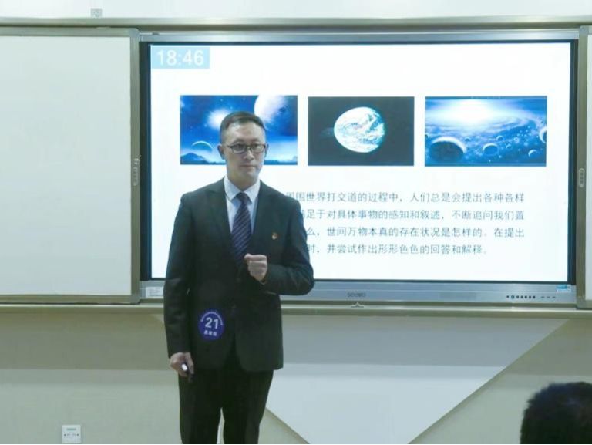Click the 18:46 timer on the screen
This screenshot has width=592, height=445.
click(x=180, y=58)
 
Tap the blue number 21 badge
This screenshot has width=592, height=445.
click(x=211, y=325)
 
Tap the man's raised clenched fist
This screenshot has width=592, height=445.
click(x=256, y=266)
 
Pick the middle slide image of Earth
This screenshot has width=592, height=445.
click(x=361, y=130)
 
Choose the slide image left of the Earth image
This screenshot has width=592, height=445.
click(x=238, y=129)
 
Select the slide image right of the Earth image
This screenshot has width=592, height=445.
click(x=485, y=130)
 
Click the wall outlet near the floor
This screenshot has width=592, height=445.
click(x=71, y=433)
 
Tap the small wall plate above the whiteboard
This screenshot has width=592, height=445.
click(x=96, y=12)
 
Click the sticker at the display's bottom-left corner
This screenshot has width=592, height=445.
click(x=154, y=292)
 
